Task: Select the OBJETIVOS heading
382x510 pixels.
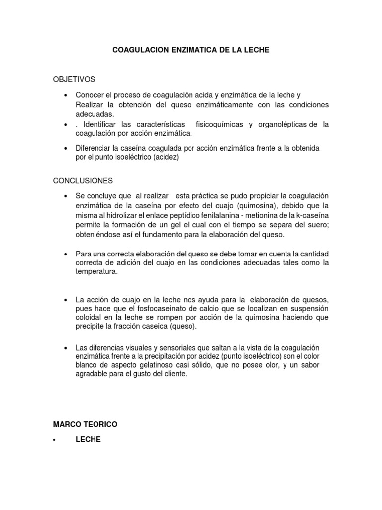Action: [74, 79]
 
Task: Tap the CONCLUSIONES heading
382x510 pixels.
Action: [83, 180]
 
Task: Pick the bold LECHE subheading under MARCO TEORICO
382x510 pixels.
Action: [88, 440]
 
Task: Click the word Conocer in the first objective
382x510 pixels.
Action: [89, 95]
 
